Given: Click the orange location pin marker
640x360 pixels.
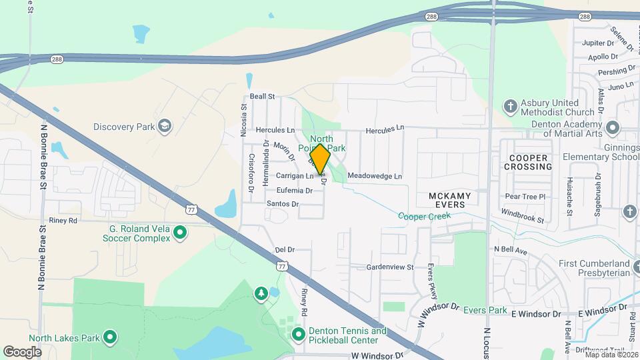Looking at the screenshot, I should pyautogui.click(x=320, y=159).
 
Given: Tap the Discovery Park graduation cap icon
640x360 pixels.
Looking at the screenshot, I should pyautogui.click(x=164, y=127).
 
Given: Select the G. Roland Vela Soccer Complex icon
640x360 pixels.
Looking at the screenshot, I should pyautogui.click(x=179, y=233).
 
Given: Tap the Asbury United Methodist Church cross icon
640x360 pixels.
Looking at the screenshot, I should pyautogui.click(x=510, y=107).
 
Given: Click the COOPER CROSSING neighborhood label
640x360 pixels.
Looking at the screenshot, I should pyautogui.click(x=527, y=162).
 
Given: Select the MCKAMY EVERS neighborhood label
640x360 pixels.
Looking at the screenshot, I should pyautogui.click(x=449, y=200).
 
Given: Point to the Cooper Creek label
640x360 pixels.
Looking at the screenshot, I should pyautogui.click(x=425, y=216).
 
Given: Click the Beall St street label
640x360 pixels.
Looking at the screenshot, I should pyautogui.click(x=263, y=97).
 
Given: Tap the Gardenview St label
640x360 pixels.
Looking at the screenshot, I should pyautogui.click(x=390, y=267).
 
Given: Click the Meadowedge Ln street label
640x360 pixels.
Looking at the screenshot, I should pyautogui.click(x=375, y=176).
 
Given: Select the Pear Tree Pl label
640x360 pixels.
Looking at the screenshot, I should pyautogui.click(x=525, y=197).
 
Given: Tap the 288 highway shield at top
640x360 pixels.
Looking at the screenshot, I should pyautogui.click(x=432, y=16).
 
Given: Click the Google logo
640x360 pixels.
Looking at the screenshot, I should pyautogui.click(x=22, y=351).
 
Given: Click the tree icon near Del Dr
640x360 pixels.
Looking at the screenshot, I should pyautogui.click(x=261, y=293).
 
